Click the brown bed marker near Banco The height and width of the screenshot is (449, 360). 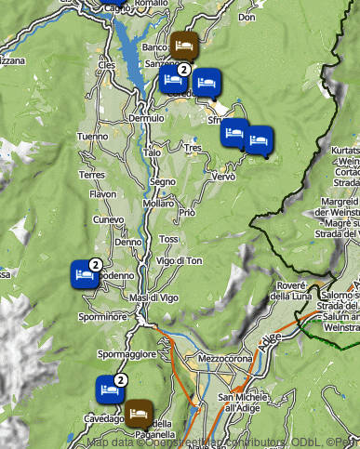tap(182, 44)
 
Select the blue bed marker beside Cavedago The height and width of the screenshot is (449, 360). tap(109, 390)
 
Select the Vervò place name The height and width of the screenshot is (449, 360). tap(224, 176)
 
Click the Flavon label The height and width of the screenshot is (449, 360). tap(102, 194)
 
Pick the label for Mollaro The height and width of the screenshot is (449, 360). tap(158, 203)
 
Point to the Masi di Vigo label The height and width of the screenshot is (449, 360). tap(153, 297)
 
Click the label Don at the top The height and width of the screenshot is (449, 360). tap(247, 17)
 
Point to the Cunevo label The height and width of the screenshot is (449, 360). tap(109, 219)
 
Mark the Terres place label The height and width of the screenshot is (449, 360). tap(91, 174)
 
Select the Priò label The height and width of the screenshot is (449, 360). tap(187, 213)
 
